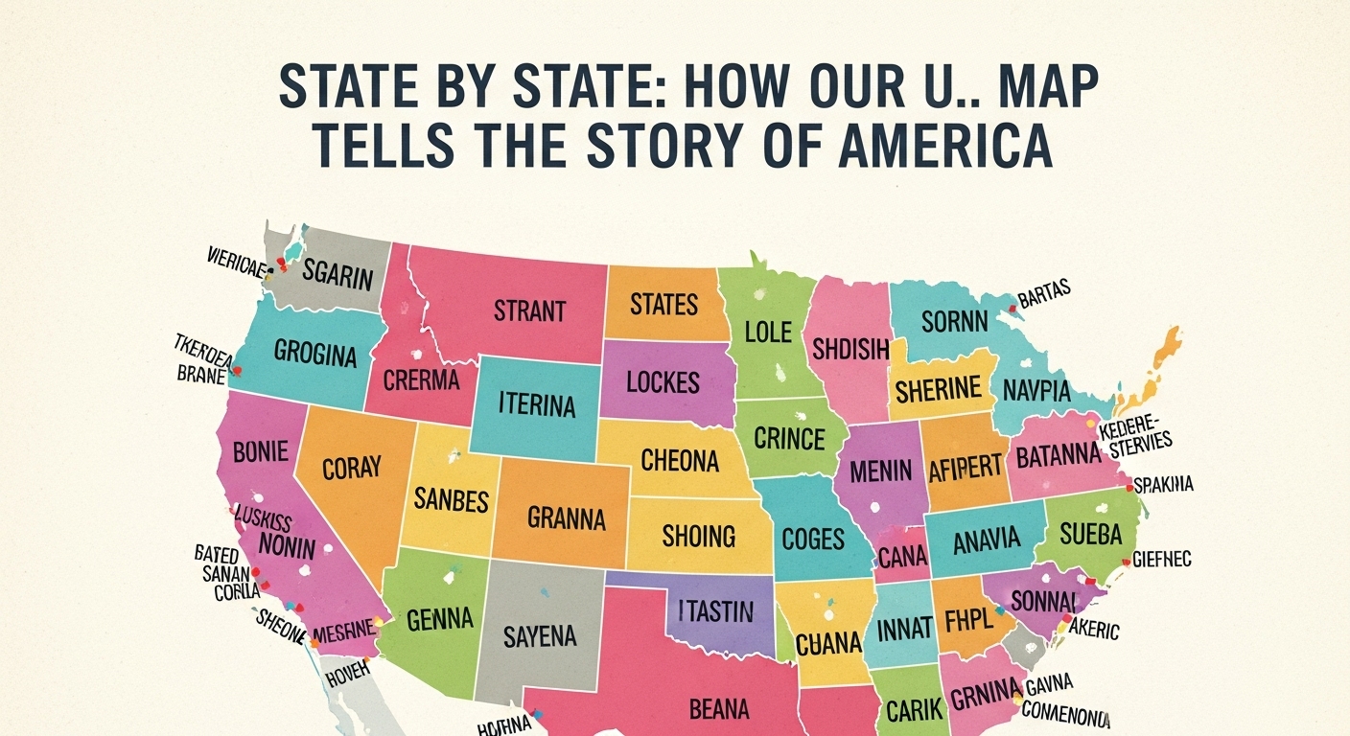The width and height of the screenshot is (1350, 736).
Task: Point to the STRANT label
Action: [x=529, y=310]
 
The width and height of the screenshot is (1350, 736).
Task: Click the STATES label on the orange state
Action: [x=663, y=304]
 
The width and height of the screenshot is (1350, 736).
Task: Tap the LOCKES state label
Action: [x=663, y=381]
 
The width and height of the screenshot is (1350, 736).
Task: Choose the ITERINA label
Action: [x=537, y=405]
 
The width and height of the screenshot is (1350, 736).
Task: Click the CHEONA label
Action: [x=680, y=461]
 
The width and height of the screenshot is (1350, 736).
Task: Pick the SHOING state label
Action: [x=698, y=535]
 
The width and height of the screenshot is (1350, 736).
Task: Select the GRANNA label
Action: [x=566, y=518]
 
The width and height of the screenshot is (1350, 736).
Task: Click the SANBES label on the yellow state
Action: [x=452, y=499]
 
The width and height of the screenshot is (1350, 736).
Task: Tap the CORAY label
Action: [x=351, y=469]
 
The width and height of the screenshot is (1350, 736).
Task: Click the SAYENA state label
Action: [x=540, y=634]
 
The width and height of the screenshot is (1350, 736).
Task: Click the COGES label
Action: [x=813, y=539]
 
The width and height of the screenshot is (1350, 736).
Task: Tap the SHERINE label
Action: [x=938, y=389]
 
